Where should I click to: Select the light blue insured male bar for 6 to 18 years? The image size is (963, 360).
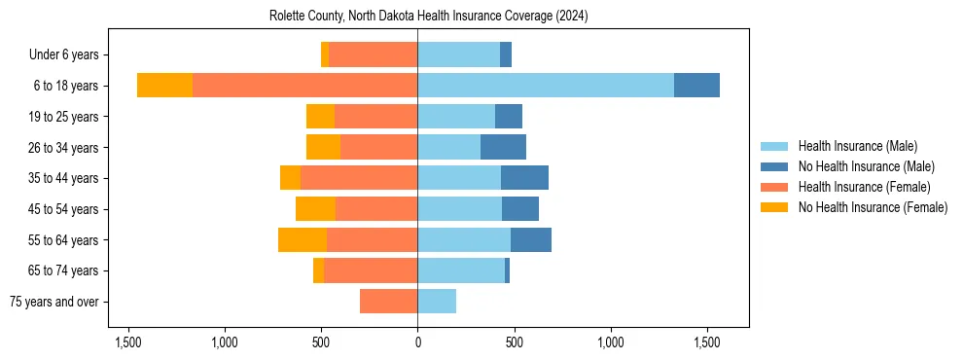tap(545, 86)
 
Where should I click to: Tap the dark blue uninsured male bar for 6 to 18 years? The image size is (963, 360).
tap(696, 86)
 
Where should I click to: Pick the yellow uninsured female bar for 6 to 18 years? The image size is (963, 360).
tap(164, 86)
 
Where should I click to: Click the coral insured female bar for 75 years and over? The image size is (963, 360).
tap(388, 302)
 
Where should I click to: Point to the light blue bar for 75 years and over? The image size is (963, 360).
tap(437, 302)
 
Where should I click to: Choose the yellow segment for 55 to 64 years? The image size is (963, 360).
tap(303, 239)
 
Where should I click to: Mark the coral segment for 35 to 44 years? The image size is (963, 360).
tap(359, 178)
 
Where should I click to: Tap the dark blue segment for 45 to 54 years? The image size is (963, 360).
tap(520, 209)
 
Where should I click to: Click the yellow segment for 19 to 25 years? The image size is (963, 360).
tap(320, 117)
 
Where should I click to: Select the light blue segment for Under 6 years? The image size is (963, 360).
tap(458, 54)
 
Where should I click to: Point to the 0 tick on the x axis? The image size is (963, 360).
tap(417, 342)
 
